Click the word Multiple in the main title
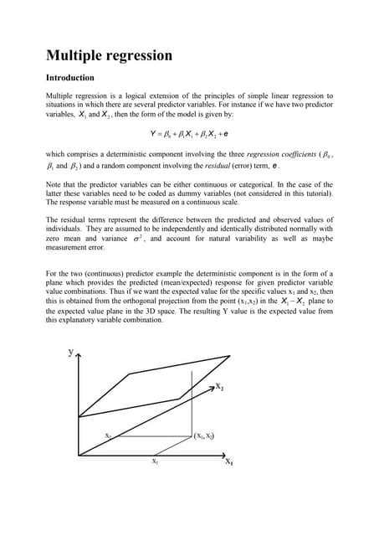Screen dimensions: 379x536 pos(75,57)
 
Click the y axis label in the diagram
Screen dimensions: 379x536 pos(69,353)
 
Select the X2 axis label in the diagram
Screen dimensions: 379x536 pos(220,388)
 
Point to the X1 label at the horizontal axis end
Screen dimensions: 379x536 pos(228,461)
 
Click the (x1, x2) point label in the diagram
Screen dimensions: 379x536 pos(206,435)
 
